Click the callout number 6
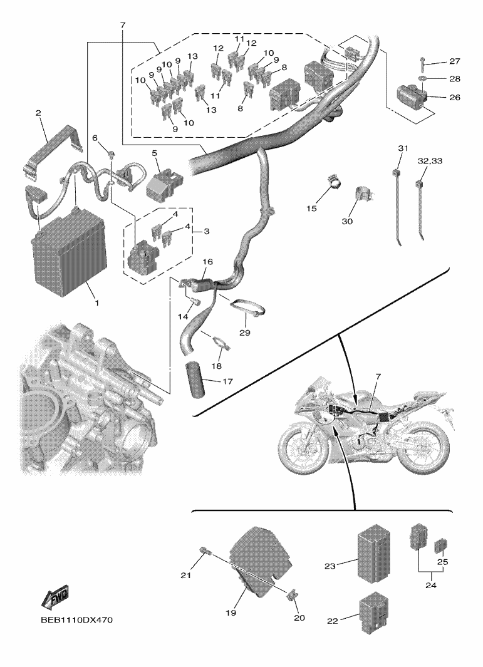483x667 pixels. (95, 138)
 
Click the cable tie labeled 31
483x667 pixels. (399, 200)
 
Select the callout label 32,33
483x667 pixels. (429, 160)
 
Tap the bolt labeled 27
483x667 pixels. (423, 62)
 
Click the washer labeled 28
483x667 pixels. (423, 79)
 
